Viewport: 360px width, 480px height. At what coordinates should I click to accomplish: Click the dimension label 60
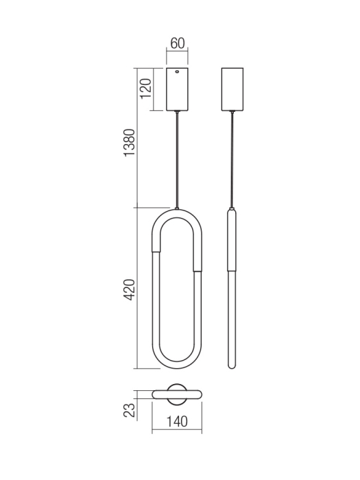point(178,44)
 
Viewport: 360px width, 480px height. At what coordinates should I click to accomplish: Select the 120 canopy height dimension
point(145,88)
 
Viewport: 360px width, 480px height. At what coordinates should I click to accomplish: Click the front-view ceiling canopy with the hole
point(177,89)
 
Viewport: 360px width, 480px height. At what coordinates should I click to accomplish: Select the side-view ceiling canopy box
point(233,89)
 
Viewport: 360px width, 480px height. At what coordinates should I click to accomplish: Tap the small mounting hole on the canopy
point(177,72)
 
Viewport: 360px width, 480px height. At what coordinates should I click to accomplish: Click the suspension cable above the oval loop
point(178,158)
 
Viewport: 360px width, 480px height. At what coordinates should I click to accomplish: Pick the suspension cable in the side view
point(233,158)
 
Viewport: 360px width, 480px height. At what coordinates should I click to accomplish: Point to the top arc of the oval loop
point(178,213)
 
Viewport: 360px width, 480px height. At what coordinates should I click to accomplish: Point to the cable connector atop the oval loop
point(178,208)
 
